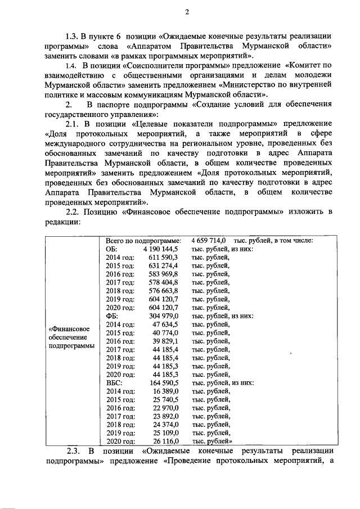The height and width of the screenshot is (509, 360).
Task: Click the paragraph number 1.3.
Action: click(x=75, y=35)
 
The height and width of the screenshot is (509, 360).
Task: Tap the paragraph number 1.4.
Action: click(x=74, y=65)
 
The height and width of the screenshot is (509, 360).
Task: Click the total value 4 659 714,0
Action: click(x=209, y=240)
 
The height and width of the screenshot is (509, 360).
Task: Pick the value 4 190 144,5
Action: click(x=160, y=249)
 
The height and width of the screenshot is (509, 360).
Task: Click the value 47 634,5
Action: click(x=166, y=325)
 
